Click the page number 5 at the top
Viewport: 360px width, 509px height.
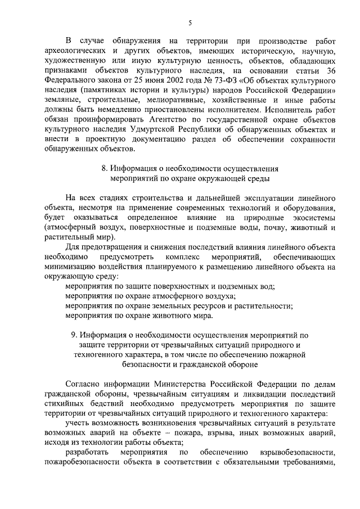190,22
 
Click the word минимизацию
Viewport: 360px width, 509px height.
67,268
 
